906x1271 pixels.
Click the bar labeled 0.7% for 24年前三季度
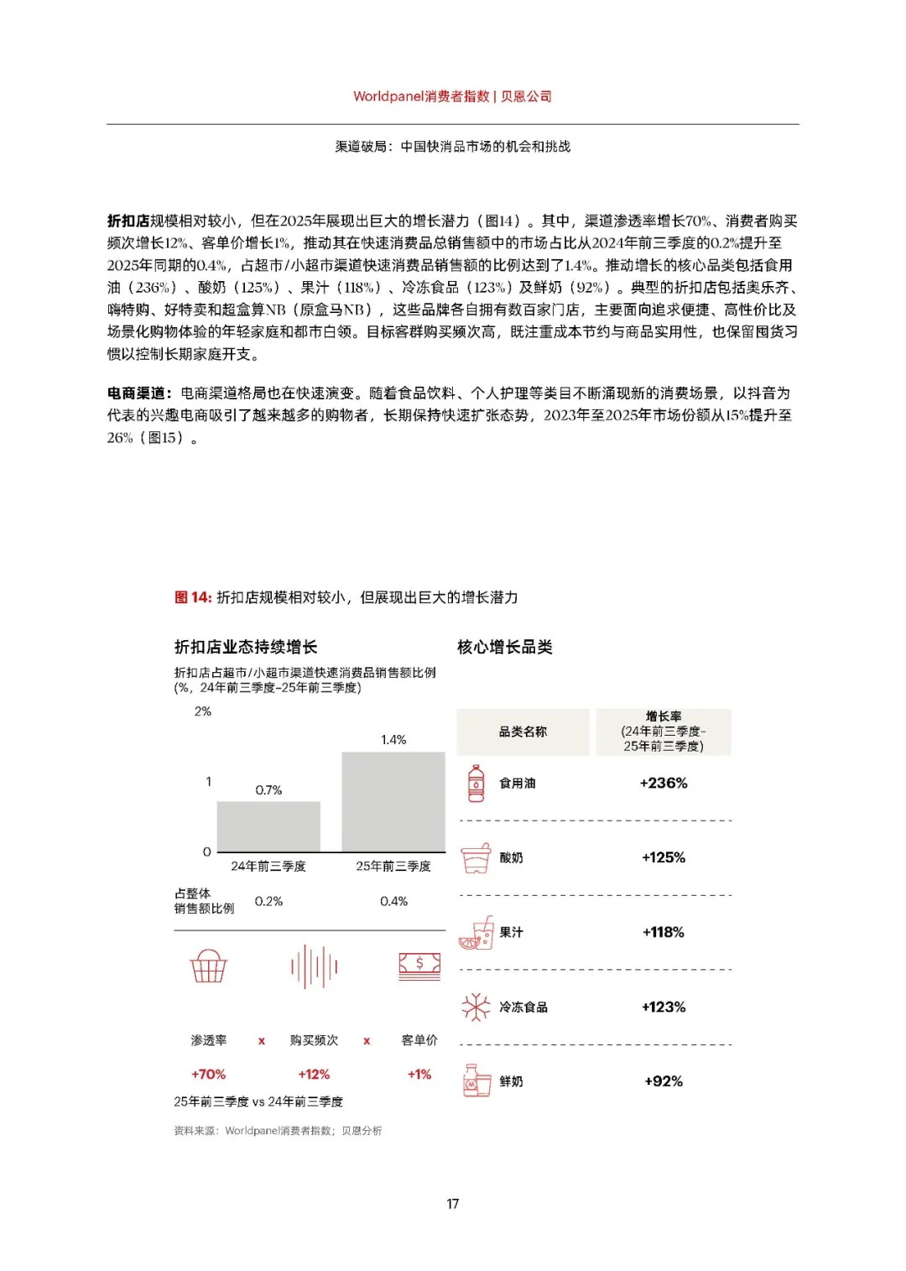268,826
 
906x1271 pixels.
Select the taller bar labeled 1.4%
393,801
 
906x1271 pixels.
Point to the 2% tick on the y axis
203,711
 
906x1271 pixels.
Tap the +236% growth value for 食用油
664,783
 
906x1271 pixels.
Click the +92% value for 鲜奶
664,1081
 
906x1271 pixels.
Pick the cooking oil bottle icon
476,784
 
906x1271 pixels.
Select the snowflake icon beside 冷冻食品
476,1007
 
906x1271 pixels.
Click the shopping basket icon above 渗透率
208,966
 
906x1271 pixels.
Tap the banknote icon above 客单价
419,966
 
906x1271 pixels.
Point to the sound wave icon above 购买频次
314,966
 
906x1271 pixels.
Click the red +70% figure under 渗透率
208,1075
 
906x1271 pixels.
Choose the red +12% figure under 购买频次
314,1075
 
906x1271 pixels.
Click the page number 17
453,1204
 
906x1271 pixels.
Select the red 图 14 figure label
193,597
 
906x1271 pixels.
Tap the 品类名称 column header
523,732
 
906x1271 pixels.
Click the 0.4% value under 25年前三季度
393,901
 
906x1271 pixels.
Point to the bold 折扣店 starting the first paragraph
128,221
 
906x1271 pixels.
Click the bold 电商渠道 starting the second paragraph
139,393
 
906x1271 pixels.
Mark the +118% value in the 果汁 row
664,932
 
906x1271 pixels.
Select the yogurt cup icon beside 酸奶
476,858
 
